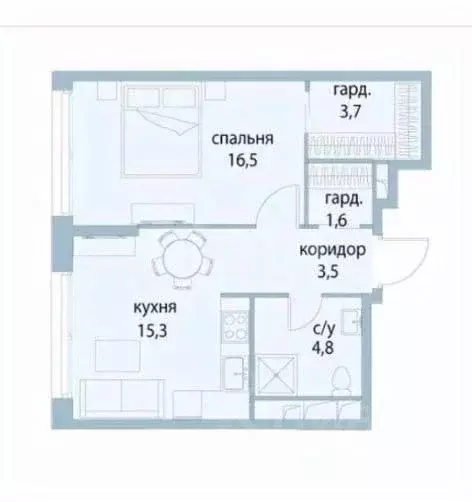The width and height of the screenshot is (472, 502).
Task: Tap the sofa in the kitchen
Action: point(125,397)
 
